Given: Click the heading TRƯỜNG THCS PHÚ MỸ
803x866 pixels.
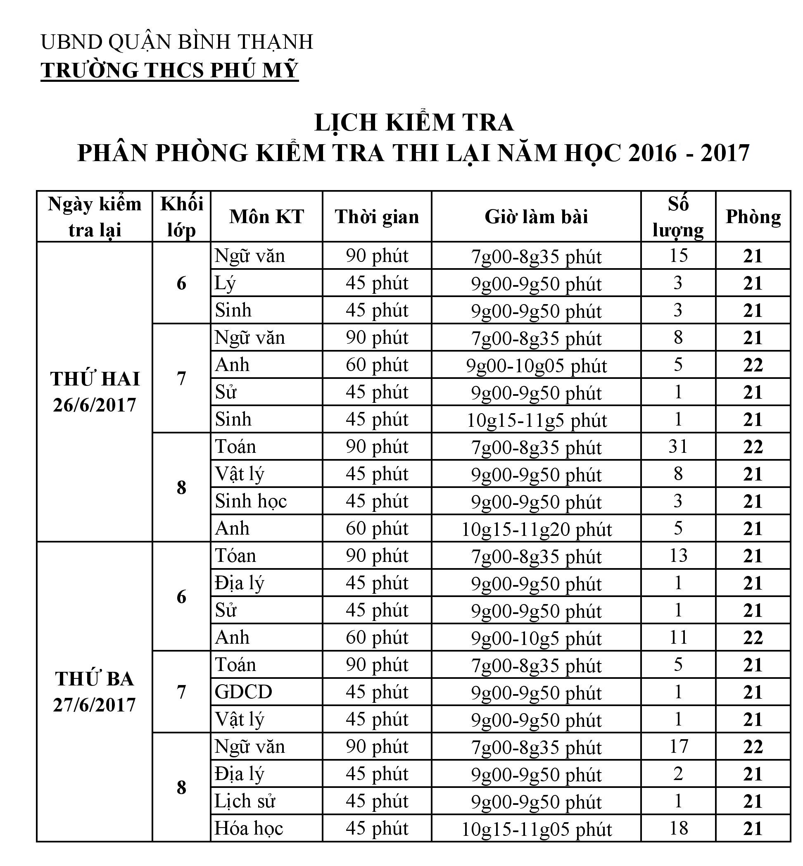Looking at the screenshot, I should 169,70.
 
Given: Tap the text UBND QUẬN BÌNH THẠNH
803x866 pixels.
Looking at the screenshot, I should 177,42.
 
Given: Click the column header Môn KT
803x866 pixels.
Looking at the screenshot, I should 266,217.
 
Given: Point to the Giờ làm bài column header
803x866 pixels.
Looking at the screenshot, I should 536,217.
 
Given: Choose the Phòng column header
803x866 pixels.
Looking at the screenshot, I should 753,217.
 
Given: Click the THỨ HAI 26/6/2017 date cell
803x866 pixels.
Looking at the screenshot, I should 95,392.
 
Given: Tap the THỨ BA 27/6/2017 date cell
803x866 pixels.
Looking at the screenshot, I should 95,692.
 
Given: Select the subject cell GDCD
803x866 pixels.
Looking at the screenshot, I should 243,692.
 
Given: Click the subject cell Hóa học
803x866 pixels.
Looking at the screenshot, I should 249,828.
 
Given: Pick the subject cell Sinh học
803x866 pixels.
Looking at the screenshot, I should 251,501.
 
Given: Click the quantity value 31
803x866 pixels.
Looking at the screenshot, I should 678,446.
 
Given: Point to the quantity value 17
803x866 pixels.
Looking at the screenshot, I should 678,747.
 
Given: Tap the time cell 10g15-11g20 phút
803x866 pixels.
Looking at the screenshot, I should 536,529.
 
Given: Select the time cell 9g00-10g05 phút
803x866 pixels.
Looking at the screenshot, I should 536,365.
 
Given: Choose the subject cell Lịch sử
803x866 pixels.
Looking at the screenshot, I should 245,801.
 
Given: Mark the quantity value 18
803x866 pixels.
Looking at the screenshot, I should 678,828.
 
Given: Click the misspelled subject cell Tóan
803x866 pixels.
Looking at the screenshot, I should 235,556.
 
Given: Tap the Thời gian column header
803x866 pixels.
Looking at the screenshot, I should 377,217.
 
